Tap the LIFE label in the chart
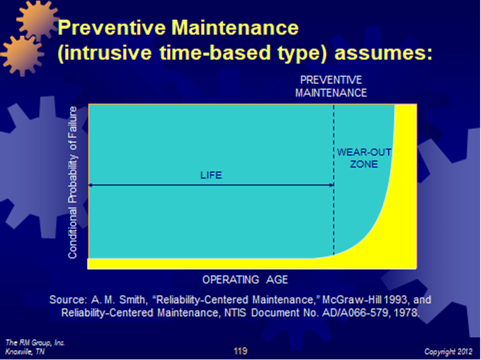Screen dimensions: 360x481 click(x=211, y=175)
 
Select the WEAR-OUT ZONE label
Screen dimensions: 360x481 click(x=364, y=158)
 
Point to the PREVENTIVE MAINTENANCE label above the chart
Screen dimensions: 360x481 click(x=331, y=86)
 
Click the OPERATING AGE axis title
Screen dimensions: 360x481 click(x=245, y=280)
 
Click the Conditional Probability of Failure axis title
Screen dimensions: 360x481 click(x=73, y=182)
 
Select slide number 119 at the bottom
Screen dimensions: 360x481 click(x=240, y=351)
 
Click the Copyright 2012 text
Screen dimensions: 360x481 click(x=448, y=352)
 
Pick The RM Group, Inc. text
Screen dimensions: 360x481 click(x=35, y=343)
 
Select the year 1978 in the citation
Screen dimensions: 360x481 click(x=408, y=312)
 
